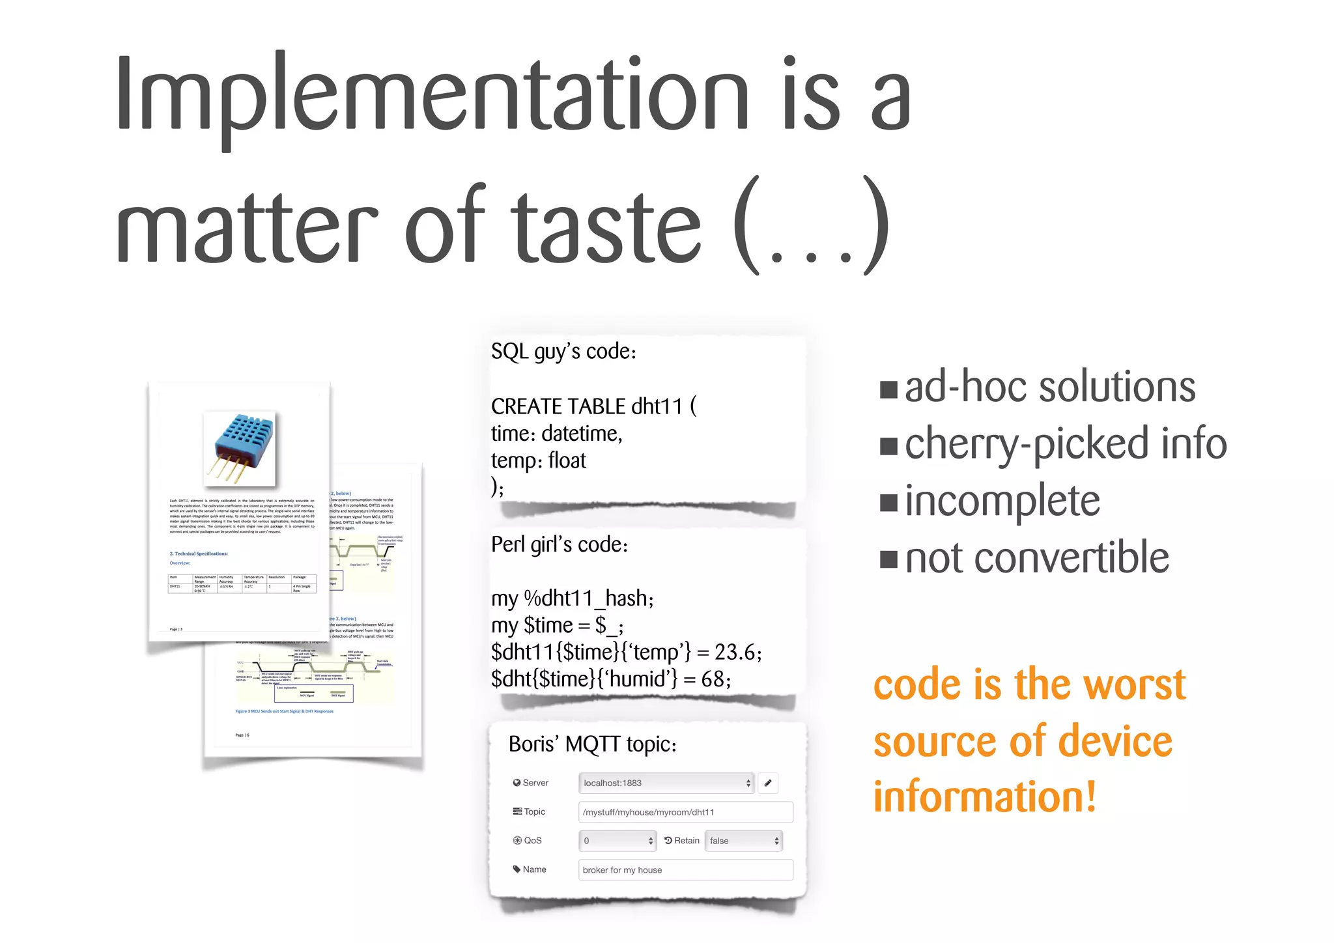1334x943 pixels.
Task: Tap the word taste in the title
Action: tap(605, 227)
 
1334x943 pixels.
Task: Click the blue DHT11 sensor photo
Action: tap(240, 449)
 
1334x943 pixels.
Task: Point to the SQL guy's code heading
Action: tap(563, 352)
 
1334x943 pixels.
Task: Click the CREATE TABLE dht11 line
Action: tap(593, 406)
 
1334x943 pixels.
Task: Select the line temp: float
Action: tap(539, 460)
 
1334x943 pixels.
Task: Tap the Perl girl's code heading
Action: tap(560, 544)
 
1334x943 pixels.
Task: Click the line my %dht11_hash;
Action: tap(573, 598)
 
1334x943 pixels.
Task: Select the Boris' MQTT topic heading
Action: tap(593, 744)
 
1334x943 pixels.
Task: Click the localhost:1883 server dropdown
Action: tap(666, 783)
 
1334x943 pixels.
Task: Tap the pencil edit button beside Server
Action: tap(768, 783)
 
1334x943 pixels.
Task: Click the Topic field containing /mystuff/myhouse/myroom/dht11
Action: tap(685, 812)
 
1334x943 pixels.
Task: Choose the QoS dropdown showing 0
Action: tap(617, 841)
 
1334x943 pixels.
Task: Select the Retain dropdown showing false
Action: tap(744, 841)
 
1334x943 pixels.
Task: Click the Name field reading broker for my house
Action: tap(685, 870)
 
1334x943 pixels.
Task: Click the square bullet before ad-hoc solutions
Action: tap(888, 389)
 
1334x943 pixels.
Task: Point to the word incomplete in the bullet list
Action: tap(1002, 501)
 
